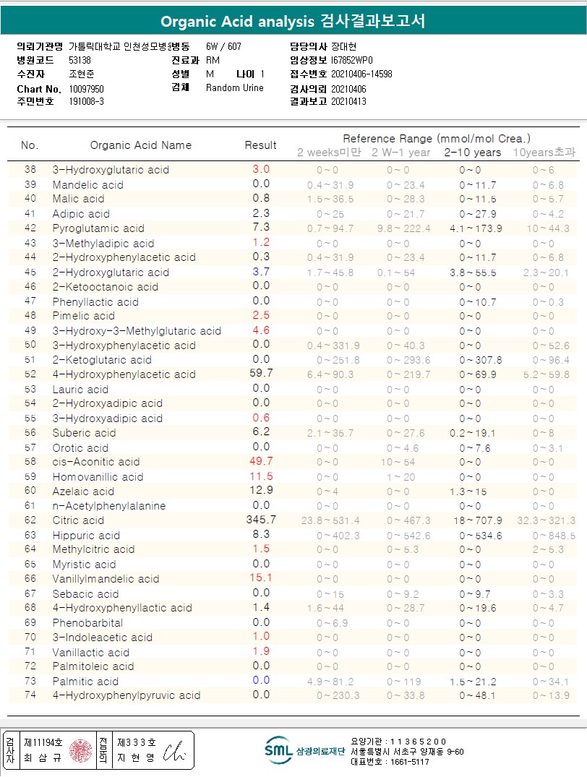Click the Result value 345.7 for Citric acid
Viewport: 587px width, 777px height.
pos(261,520)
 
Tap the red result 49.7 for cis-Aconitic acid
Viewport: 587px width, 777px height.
pos(261,461)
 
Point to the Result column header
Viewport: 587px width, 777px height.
pos(261,145)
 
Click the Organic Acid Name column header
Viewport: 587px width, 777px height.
pos(141,145)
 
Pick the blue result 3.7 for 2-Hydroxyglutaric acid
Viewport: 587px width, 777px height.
pos(261,272)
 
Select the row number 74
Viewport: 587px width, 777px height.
pos(30,695)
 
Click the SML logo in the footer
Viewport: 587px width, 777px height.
pos(278,750)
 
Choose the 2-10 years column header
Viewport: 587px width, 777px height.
pos(472,153)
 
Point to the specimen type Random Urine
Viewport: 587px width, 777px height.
pos(235,88)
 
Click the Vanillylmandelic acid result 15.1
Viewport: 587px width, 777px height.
pos(261,578)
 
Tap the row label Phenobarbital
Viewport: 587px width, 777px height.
pos(87,622)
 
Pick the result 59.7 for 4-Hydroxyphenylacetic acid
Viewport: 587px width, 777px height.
pos(261,374)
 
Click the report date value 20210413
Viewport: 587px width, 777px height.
pos(348,102)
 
